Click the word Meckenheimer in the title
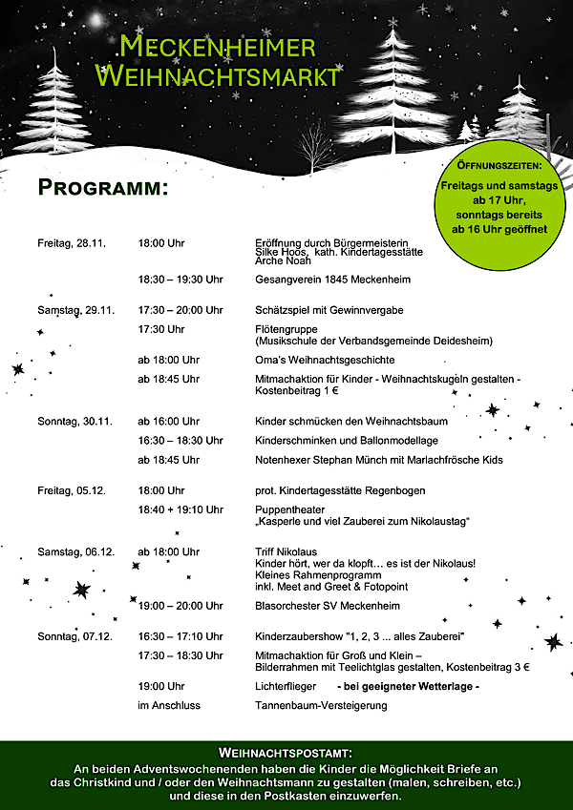218,45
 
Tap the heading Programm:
102,187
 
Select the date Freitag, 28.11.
71,243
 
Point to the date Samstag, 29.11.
75,310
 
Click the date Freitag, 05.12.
71,490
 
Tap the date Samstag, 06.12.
75,551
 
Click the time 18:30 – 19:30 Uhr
180,280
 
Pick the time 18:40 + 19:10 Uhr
180,509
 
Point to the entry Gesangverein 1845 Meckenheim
332,280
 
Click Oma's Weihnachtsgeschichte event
325,360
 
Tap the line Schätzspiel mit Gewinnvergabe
329,310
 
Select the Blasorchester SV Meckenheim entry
327,606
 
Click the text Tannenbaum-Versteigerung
321,705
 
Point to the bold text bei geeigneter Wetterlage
408,686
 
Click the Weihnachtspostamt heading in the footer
286,753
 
